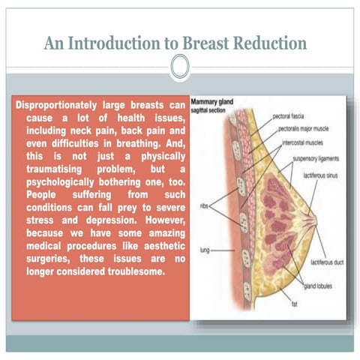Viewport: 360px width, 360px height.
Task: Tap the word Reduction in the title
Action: click(x=265, y=43)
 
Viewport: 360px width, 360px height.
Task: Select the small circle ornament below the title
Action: click(x=179, y=68)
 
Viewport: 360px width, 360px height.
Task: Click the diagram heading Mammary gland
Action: click(x=214, y=100)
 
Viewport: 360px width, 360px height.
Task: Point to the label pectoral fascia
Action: click(x=289, y=116)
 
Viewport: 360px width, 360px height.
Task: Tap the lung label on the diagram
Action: click(x=203, y=248)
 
